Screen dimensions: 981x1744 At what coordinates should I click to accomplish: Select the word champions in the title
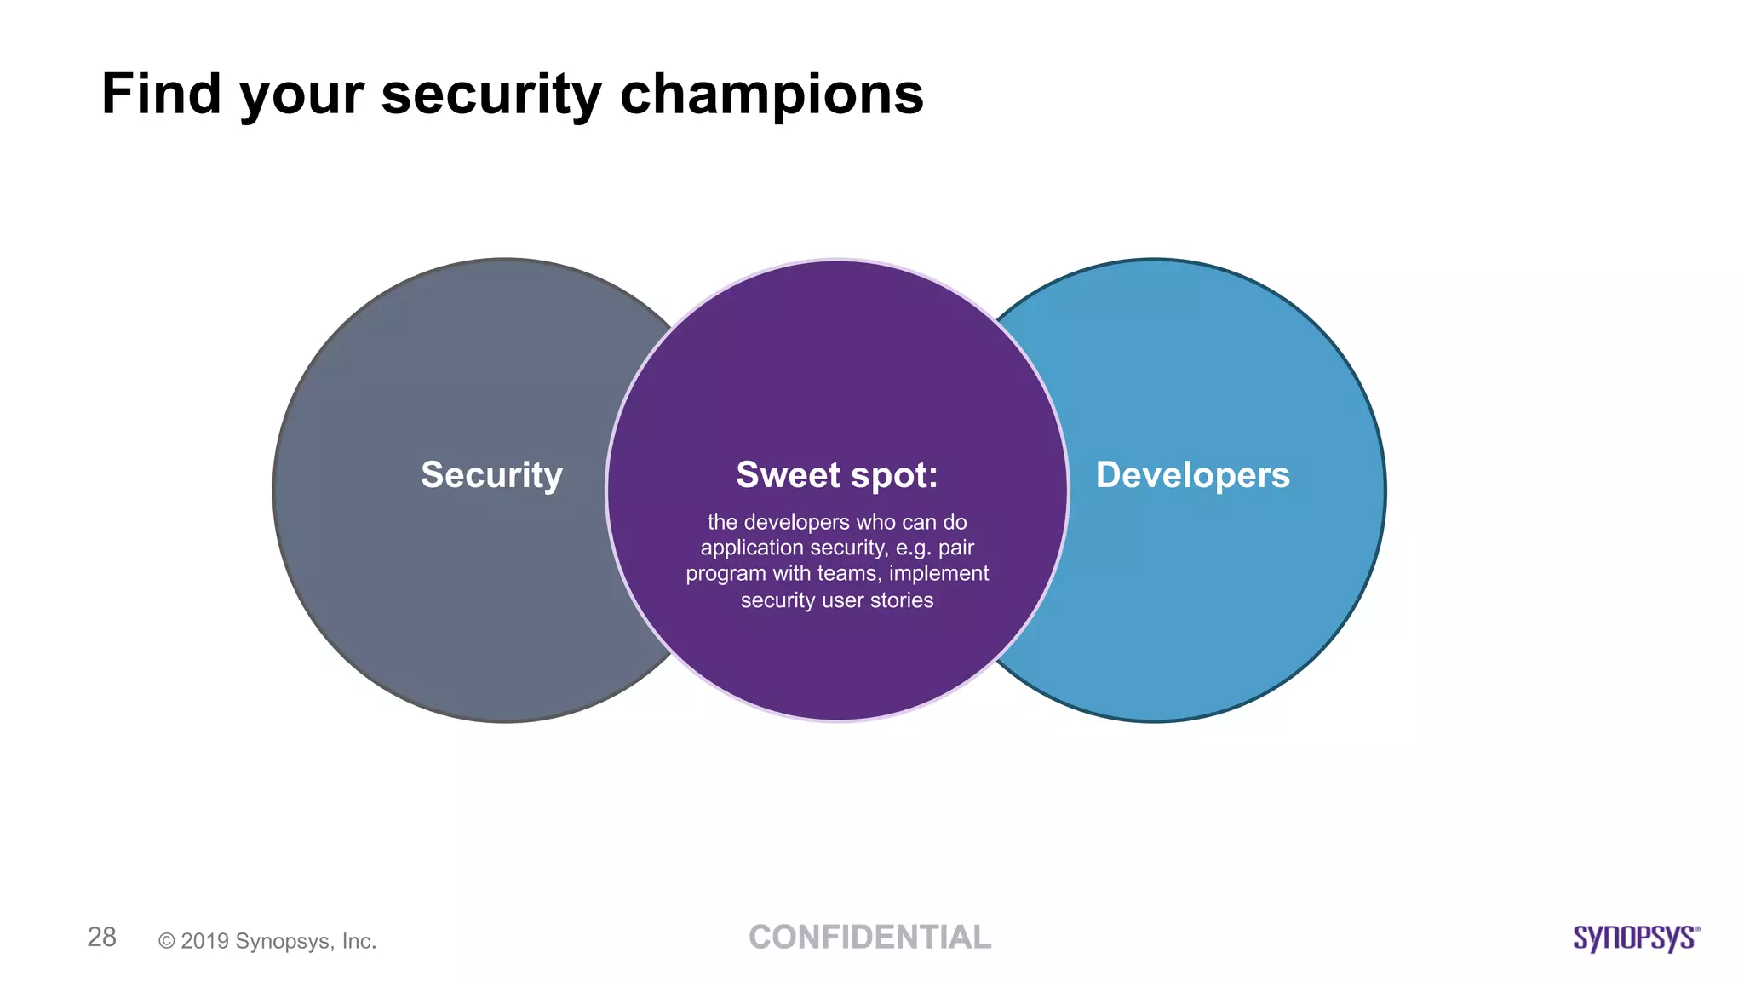point(772,95)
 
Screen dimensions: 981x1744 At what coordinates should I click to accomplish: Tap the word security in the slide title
point(491,95)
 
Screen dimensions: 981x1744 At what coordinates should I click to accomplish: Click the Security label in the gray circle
point(491,475)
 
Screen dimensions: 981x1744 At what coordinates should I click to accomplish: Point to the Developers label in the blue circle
point(1192,475)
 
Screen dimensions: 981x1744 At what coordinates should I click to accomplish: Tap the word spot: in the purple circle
point(894,475)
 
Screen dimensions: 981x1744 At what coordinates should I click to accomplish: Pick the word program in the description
point(726,574)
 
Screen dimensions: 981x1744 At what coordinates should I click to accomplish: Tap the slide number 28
point(102,937)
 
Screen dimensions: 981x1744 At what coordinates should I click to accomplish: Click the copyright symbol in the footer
point(167,941)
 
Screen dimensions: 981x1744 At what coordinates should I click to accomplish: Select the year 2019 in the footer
point(204,941)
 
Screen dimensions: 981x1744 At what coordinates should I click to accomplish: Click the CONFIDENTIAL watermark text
point(870,937)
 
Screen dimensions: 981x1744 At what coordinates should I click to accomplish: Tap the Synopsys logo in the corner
point(1636,938)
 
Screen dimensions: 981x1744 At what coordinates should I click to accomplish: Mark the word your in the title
point(301,95)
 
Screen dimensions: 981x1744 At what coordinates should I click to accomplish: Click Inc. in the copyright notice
point(359,941)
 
